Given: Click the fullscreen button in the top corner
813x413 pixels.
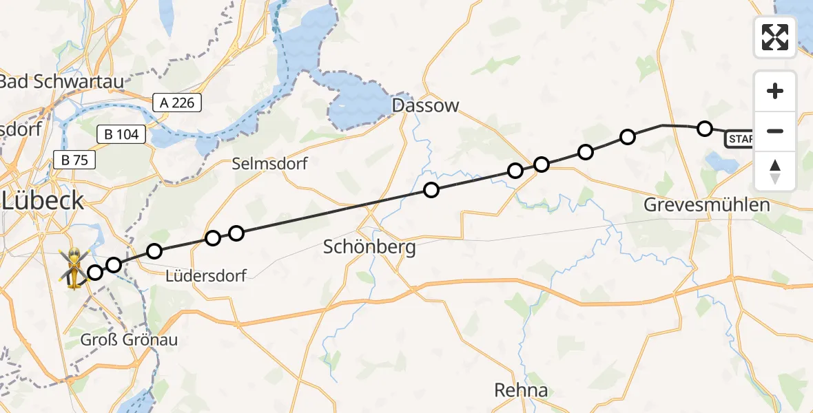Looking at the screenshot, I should pos(775,36).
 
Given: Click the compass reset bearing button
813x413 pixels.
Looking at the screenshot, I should pos(775,171).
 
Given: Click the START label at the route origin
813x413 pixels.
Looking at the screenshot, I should pos(739,140).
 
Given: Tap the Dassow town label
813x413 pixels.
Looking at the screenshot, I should pos(424,105).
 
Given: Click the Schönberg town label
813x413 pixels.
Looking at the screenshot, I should pos(369,247).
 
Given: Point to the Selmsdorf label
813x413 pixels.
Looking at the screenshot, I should pos(269,164).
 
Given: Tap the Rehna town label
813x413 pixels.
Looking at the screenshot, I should pos(521,390).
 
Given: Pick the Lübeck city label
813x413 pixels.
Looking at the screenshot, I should pos(43,201).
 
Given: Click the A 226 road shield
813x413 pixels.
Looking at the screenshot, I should pos(177,103).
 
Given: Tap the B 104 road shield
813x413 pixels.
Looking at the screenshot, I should pos(122,135).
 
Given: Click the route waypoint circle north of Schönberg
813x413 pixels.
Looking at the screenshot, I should pos(431,190).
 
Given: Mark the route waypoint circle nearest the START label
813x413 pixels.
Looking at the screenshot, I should pos(704,128).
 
